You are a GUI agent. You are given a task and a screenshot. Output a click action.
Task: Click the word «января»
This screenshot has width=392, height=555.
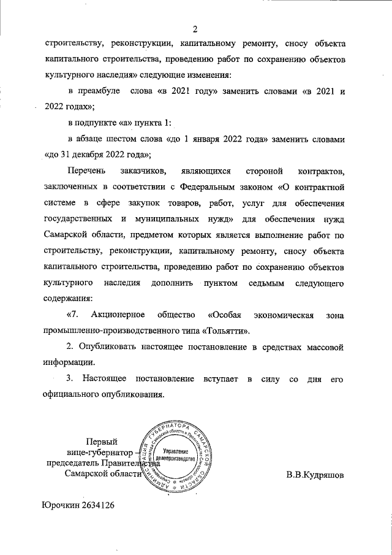pos(221,139)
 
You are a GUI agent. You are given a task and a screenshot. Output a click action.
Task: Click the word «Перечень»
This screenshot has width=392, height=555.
pos(87,171)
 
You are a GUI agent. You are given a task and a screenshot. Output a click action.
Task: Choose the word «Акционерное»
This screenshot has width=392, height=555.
pos(117,315)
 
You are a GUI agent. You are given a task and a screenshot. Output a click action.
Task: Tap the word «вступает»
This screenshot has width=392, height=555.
pos(219,379)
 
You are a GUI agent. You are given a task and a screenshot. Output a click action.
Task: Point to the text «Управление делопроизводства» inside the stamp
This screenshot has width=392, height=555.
pos(176,454)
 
